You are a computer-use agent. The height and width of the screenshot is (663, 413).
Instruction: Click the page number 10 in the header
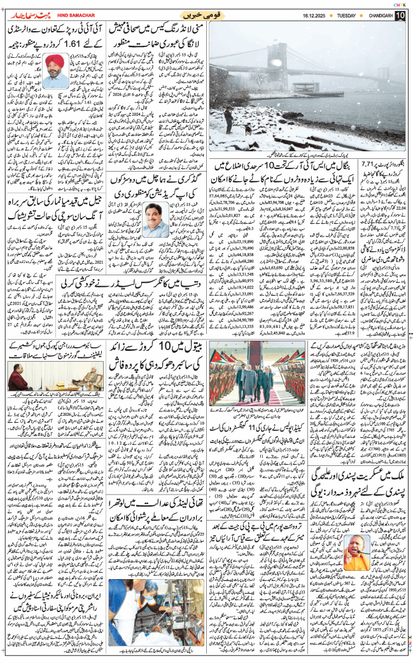point(399,15)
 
